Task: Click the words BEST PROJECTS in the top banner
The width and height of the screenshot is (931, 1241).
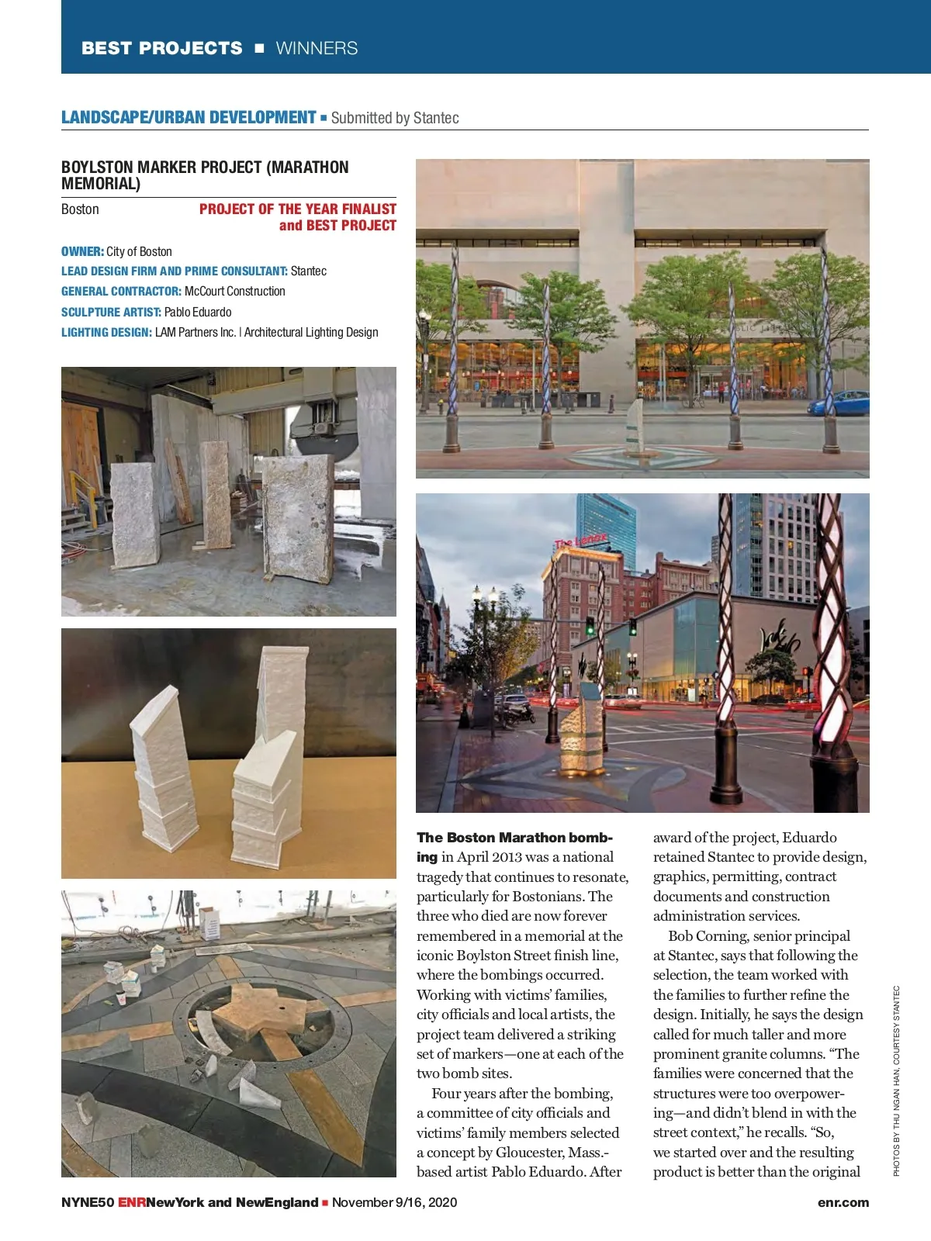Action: click(x=161, y=48)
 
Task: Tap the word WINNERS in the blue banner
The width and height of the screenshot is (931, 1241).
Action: click(x=317, y=48)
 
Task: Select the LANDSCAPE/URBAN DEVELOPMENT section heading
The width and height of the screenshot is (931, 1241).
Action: click(x=189, y=118)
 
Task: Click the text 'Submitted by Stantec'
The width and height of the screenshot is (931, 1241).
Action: click(x=395, y=118)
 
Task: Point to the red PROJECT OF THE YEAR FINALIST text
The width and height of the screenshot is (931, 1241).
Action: click(x=297, y=209)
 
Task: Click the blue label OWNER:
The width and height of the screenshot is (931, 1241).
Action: click(x=82, y=251)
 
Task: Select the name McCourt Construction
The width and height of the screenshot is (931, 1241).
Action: click(x=235, y=292)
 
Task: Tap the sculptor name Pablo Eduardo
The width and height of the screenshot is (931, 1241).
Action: click(x=198, y=312)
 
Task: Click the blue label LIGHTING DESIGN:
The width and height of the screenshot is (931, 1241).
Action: click(x=106, y=332)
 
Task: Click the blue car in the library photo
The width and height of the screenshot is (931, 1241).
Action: click(x=839, y=404)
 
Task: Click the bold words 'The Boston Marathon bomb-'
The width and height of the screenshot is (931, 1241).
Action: click(x=514, y=838)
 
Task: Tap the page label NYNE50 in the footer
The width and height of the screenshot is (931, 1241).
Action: click(x=88, y=1202)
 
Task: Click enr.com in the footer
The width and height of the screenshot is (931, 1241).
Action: click(x=843, y=1202)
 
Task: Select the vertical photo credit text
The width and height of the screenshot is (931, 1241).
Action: click(x=896, y=1080)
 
